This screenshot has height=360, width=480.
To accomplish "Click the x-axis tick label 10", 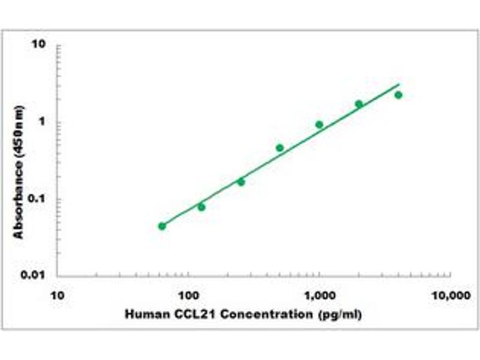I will [x=58, y=296].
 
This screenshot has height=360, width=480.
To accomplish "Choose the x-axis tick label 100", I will [x=188, y=296].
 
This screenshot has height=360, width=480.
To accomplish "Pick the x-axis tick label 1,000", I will [x=319, y=296].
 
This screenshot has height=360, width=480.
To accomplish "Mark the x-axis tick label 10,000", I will [x=450, y=296].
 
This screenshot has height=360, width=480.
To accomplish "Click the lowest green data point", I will [x=162, y=226].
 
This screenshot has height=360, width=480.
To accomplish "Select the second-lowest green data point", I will [x=202, y=207].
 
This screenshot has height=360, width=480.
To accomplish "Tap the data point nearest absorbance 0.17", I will [x=241, y=182].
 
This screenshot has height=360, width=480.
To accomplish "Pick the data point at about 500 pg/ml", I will [x=280, y=148].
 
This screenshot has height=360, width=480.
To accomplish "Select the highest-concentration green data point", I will [x=398, y=95].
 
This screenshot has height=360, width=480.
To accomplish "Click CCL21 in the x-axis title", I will [x=184, y=314].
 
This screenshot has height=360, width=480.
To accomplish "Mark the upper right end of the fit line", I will [x=398, y=85].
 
